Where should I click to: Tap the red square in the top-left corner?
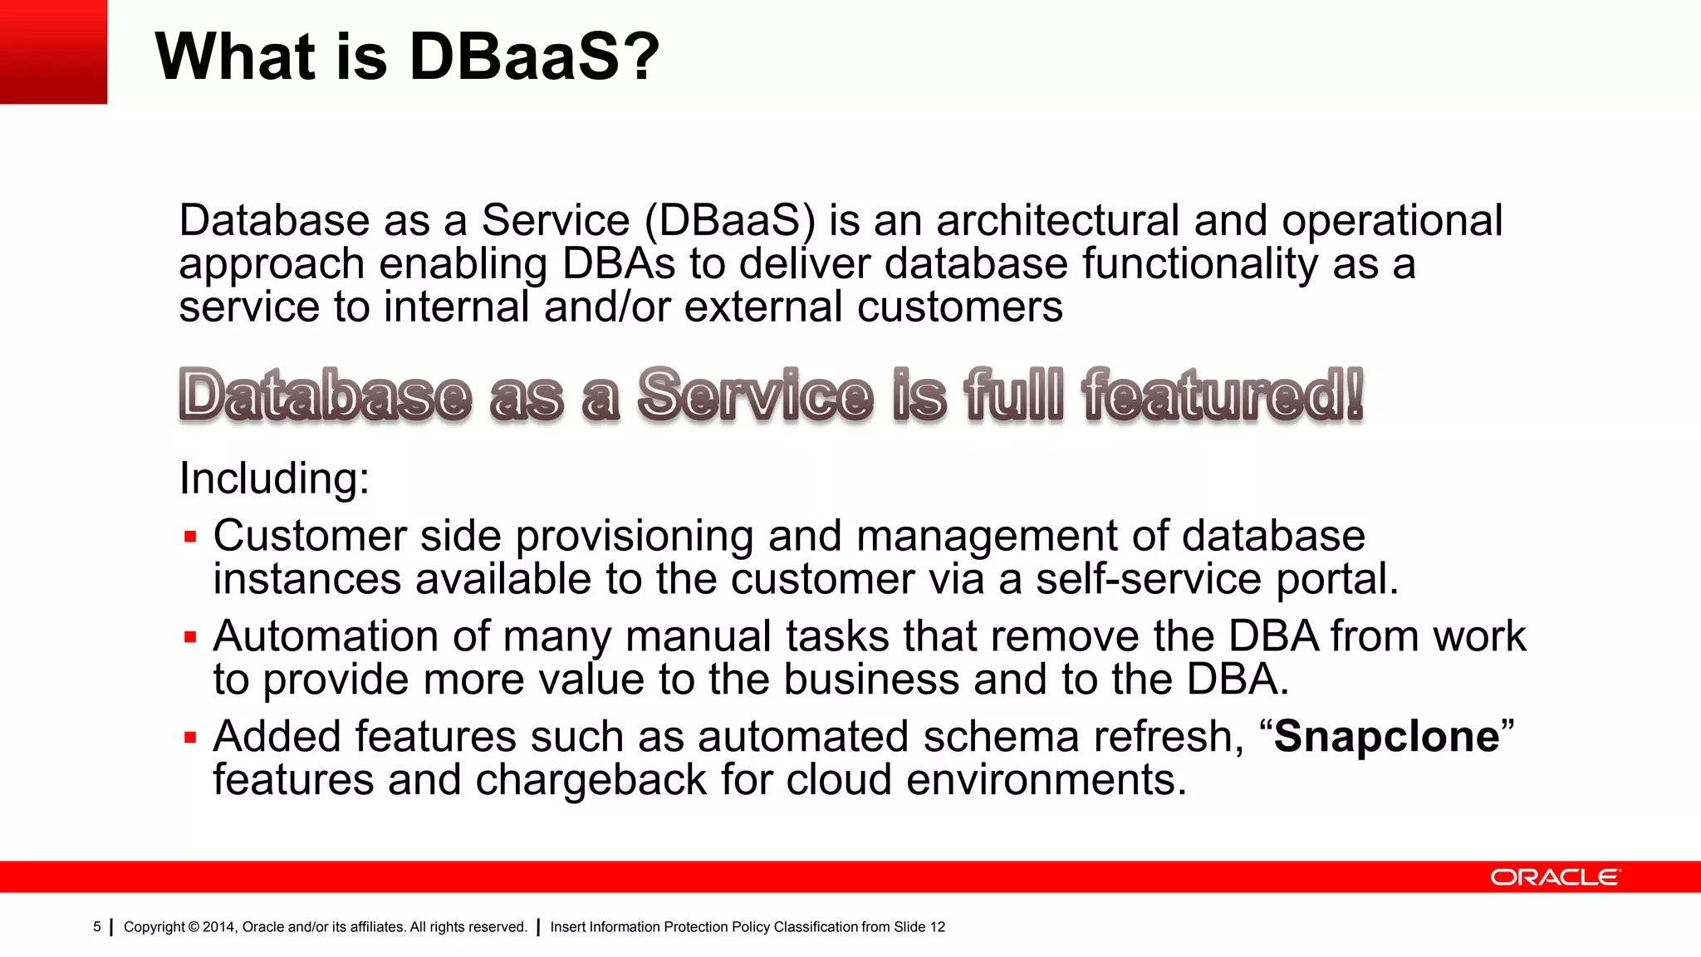[53, 52]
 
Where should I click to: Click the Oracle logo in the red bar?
[1555, 877]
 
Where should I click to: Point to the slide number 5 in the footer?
[97, 926]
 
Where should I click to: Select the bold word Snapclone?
[1387, 737]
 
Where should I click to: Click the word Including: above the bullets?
[274, 478]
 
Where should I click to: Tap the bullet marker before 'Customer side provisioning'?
[190, 537]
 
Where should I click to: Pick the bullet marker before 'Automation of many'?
[190, 638]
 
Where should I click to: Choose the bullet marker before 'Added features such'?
[190, 738]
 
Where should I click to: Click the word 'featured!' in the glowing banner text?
[1223, 395]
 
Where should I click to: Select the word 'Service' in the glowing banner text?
[755, 395]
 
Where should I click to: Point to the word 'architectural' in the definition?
[1057, 221]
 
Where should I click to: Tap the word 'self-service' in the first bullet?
[1149, 579]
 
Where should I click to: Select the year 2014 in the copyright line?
[219, 927]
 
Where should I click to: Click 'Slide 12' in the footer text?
[919, 927]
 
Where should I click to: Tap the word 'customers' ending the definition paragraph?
[959, 307]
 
